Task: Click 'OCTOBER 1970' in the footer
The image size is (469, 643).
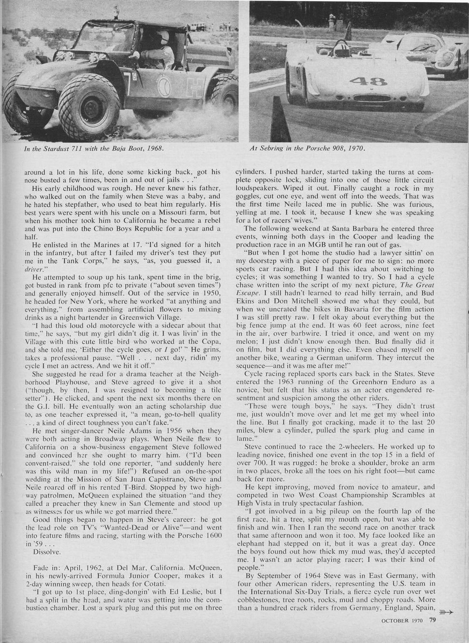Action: [x=401, y=622]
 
